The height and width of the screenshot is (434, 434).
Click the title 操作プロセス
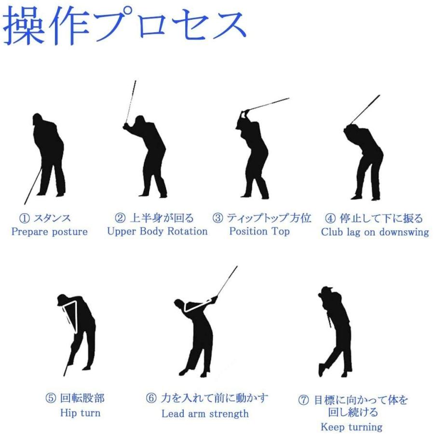click(x=124, y=26)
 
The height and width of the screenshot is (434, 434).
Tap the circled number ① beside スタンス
click(x=25, y=218)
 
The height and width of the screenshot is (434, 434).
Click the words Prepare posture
click(x=50, y=231)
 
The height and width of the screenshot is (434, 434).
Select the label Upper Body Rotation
click(x=157, y=231)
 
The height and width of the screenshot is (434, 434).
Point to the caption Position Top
click(x=259, y=231)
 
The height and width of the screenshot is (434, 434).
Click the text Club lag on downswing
click(x=375, y=231)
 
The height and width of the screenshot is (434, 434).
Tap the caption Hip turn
click(x=80, y=413)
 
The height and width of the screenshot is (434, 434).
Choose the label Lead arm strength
click(x=205, y=414)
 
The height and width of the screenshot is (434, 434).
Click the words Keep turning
click(x=352, y=427)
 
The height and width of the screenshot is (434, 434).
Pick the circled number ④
click(x=330, y=218)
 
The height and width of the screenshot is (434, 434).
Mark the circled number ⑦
click(x=303, y=400)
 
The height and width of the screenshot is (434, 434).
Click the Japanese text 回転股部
click(x=82, y=398)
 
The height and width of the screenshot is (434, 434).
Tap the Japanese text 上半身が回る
click(x=162, y=218)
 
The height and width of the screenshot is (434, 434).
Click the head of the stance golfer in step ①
click(x=37, y=119)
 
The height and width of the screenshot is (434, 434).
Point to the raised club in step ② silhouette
click(x=130, y=102)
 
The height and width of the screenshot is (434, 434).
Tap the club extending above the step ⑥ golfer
click(x=227, y=281)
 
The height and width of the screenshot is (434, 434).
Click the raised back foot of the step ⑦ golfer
click(x=322, y=370)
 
